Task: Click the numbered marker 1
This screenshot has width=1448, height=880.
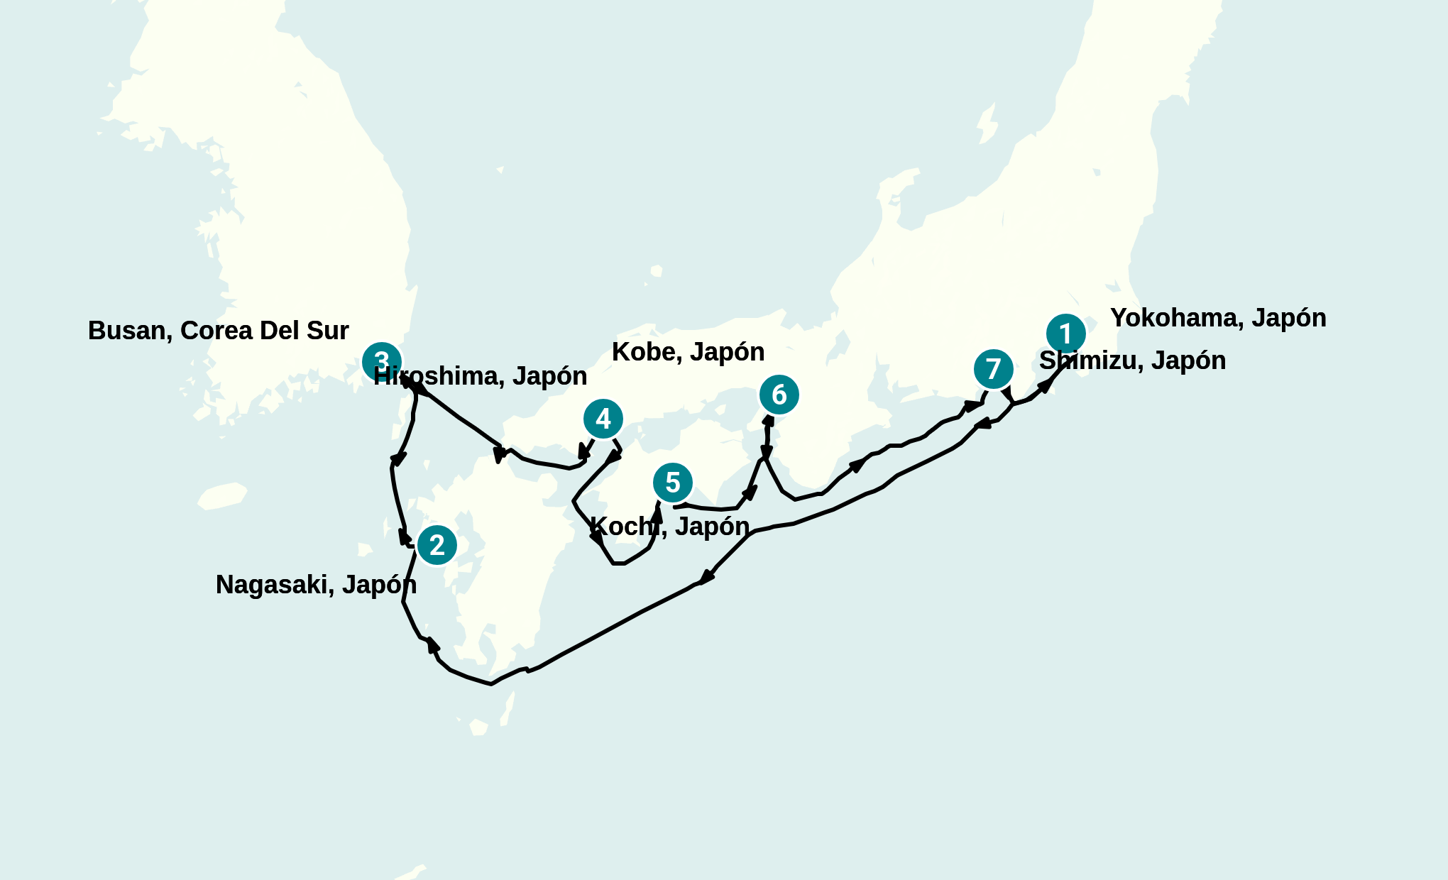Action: pos(1065,334)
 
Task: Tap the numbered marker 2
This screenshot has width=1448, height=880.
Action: pos(437,545)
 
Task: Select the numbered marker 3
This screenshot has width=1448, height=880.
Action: pos(381,361)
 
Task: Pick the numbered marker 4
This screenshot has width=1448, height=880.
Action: pos(603,419)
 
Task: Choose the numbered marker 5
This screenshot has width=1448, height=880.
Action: pos(672,483)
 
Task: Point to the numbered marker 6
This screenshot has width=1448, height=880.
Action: pos(779,395)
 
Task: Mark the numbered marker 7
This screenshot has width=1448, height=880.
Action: pos(993,369)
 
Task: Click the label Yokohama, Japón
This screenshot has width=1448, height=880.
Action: pos(1217,318)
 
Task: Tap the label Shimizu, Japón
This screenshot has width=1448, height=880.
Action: pos(1132,361)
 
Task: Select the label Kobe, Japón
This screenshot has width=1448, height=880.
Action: pos(688,352)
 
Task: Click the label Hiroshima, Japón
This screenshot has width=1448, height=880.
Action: pos(481,376)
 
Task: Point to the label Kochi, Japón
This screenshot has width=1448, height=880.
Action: pos(669,527)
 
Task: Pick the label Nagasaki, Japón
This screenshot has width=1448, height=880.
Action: pos(316,585)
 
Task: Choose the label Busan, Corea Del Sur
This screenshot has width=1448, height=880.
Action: pos(218,331)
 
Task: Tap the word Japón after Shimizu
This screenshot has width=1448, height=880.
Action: pos(1188,361)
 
